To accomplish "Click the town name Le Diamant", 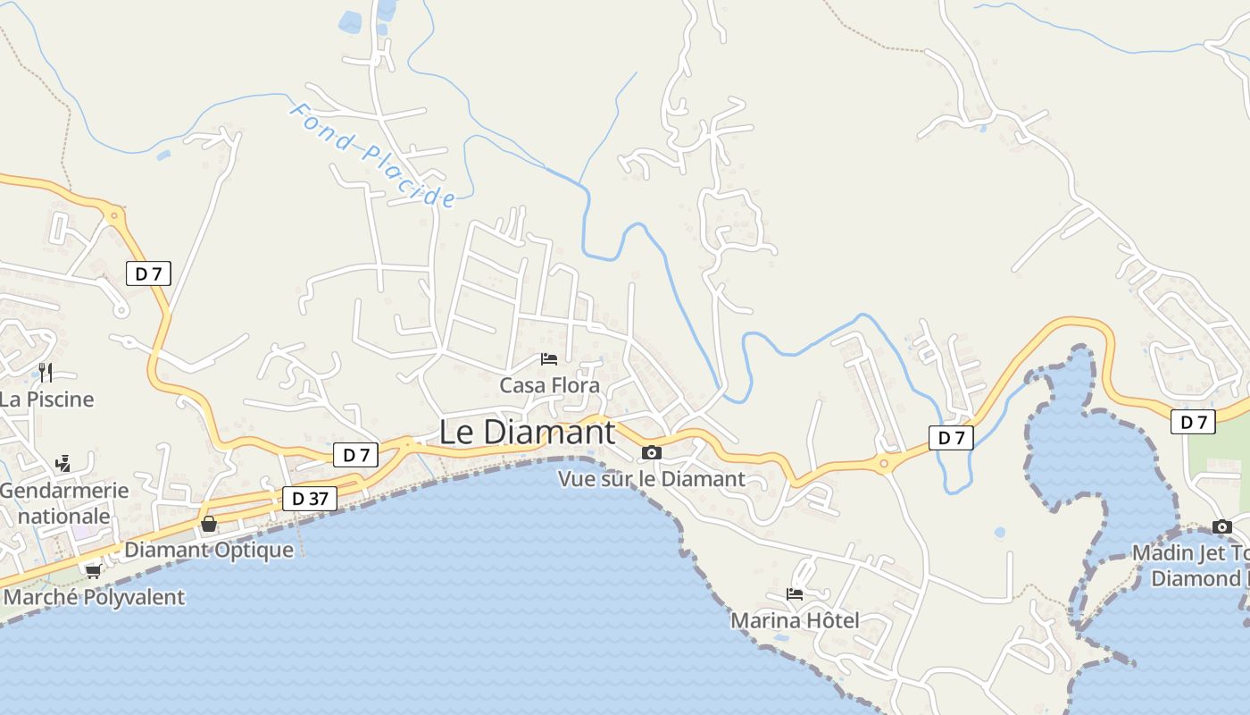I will (x=527, y=433).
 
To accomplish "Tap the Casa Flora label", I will (x=549, y=385).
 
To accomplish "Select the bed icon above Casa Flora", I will (x=549, y=359).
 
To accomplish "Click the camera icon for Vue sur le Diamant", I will (x=652, y=453).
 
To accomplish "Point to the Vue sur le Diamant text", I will (x=651, y=479).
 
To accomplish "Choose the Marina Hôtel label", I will (x=795, y=619).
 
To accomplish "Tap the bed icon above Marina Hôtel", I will (x=795, y=593).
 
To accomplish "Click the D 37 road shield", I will (x=310, y=499).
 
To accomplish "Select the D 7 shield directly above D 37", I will (x=356, y=455).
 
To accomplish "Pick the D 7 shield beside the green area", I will (x=1193, y=422).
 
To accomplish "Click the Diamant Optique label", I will (x=209, y=550).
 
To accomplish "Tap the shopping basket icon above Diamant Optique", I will (x=209, y=524).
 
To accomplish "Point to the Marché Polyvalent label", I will (x=95, y=597).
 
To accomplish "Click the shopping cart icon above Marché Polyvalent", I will (x=94, y=571).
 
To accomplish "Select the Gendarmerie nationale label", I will (x=63, y=503).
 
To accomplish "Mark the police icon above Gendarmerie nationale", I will (x=62, y=463).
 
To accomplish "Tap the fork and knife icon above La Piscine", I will (x=46, y=372).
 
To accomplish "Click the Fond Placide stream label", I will (x=372, y=155).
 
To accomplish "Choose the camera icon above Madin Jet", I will (x=1221, y=526).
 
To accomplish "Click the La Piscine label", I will (x=46, y=399).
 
